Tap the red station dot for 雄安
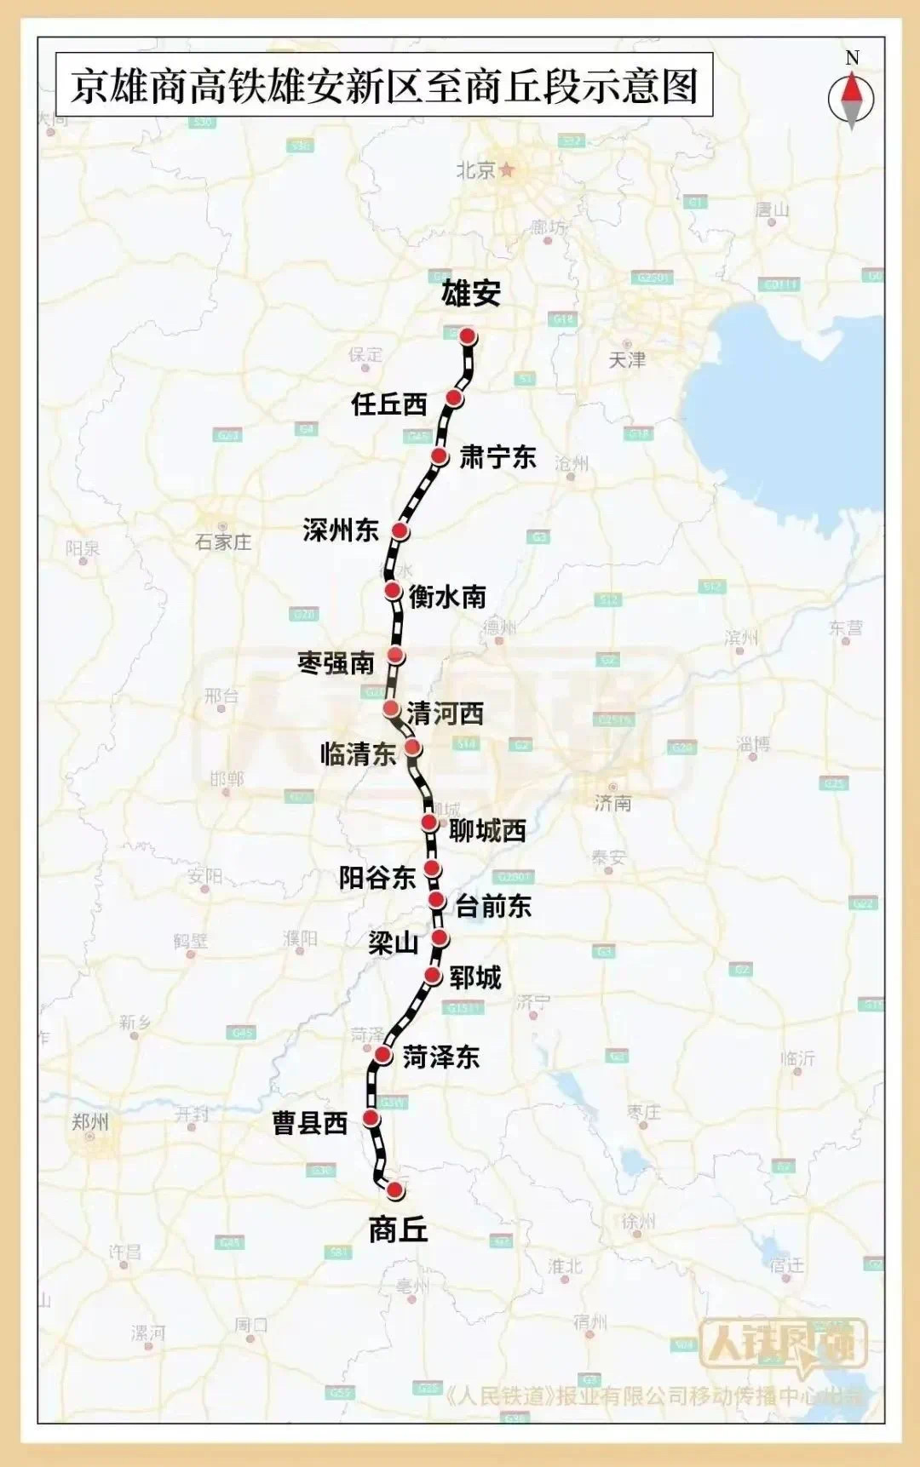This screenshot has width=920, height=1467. [468, 336]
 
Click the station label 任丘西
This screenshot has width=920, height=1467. [388, 404]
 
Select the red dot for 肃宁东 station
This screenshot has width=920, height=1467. [440, 456]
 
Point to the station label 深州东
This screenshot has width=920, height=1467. [341, 530]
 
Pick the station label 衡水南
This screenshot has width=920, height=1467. [447, 596]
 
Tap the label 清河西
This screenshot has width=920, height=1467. [445, 713]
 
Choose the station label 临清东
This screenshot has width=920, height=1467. [358, 753]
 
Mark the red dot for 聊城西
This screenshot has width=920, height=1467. [429, 822]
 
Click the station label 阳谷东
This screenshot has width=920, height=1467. [377, 877]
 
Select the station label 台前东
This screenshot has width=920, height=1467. [493, 906]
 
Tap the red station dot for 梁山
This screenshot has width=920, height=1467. [440, 938]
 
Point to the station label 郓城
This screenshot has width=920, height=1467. [475, 977]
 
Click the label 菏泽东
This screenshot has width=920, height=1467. [440, 1057]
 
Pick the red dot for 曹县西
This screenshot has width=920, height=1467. [371, 1118]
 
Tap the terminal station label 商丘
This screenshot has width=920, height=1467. [398, 1229]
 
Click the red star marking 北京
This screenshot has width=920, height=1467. [508, 169]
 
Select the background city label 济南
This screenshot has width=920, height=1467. [612, 802]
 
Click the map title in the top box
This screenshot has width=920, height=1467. [384, 87]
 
